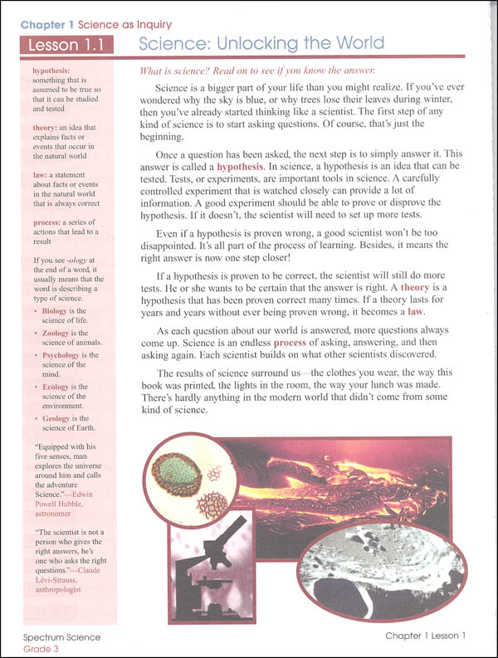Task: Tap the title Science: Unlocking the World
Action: [x=261, y=43]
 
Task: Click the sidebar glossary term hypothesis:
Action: [x=51, y=71]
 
